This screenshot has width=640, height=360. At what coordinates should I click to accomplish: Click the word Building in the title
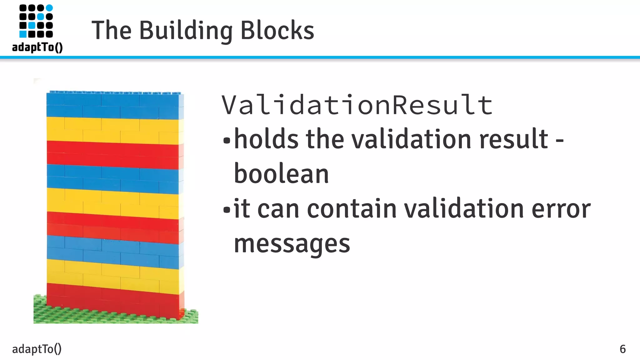point(186,31)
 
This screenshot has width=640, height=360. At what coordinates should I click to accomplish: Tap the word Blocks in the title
point(277,31)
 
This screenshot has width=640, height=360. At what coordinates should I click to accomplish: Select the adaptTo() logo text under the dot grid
point(37,47)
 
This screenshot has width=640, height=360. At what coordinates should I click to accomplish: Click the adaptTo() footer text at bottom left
point(37,349)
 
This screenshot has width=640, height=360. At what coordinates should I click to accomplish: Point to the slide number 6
point(622,349)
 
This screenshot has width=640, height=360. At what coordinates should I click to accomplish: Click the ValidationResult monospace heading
point(357,105)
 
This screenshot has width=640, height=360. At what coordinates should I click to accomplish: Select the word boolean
point(281,174)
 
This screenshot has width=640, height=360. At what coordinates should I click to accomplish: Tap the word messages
point(292,244)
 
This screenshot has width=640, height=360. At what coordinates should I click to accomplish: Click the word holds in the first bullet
point(266,139)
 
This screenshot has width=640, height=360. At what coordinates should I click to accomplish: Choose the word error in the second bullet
point(561,209)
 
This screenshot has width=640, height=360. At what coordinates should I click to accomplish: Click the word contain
point(352,209)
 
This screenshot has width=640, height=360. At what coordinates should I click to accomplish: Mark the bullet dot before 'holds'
point(227,141)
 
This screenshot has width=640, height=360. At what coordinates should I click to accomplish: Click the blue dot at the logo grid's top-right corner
point(49,8)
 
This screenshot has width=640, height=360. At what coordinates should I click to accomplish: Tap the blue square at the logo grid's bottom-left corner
point(23,34)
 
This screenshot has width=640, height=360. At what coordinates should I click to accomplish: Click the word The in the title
point(111,31)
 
